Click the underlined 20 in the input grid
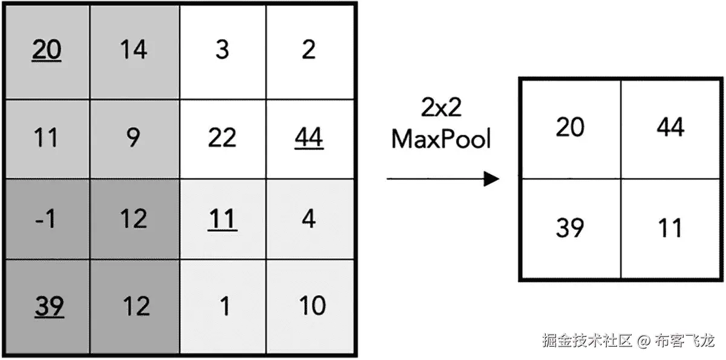(47, 50)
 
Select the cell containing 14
(134, 50)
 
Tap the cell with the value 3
(222, 50)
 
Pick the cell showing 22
(222, 139)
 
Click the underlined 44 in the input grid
(309, 139)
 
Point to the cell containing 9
(134, 139)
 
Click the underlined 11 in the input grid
(222, 219)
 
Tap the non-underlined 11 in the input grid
(47, 139)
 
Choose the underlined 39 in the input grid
(48, 307)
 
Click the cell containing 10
(312, 307)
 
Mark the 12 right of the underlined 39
(135, 307)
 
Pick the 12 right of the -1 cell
(134, 219)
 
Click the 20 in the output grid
(570, 128)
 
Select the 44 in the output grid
(670, 128)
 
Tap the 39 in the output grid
(570, 228)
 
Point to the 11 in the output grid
(670, 228)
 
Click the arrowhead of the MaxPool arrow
(491, 179)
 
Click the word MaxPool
(440, 140)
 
